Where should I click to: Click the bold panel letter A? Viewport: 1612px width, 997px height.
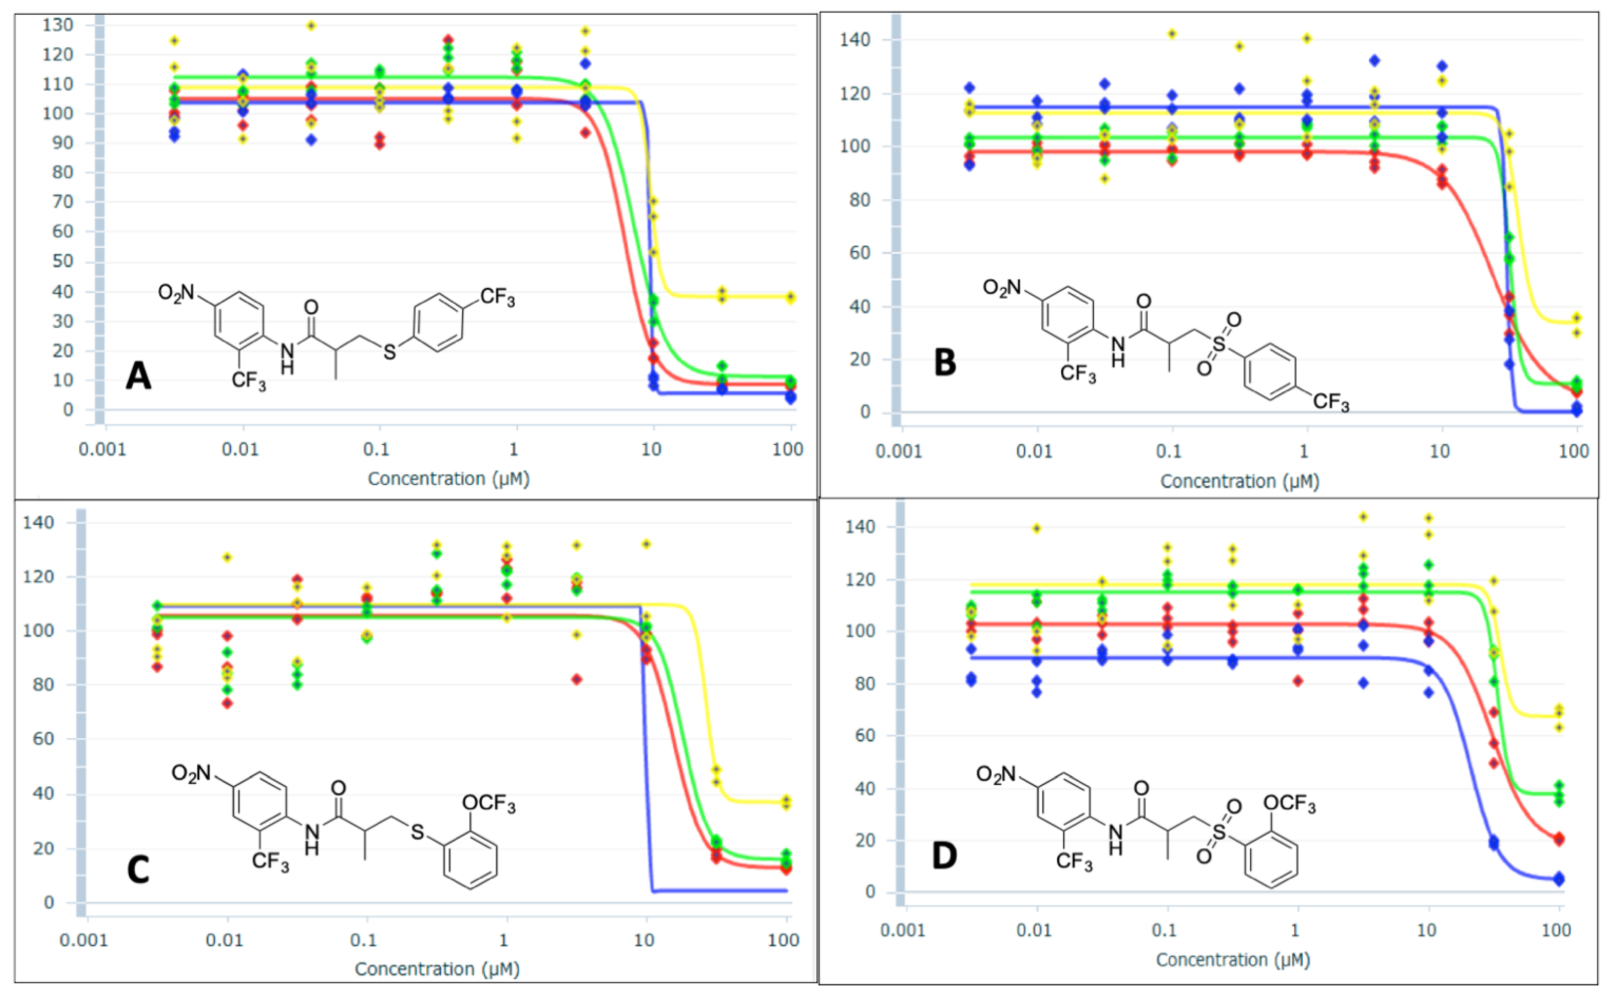click(x=138, y=377)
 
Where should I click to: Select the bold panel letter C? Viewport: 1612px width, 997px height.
click(x=138, y=870)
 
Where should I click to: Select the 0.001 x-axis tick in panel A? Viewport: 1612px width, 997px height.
click(x=102, y=450)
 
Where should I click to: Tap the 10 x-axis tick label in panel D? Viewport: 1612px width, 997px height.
click(x=1426, y=931)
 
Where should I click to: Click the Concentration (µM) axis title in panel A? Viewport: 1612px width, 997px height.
click(x=449, y=479)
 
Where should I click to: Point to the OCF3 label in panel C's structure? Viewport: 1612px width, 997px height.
click(x=489, y=803)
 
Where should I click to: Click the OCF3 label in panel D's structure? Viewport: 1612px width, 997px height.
click(x=1289, y=804)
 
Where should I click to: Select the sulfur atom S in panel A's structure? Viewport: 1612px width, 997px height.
click(x=390, y=353)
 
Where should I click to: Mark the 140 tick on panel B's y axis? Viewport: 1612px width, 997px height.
click(x=855, y=39)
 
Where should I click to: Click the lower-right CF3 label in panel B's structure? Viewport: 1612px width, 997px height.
click(x=1330, y=402)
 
